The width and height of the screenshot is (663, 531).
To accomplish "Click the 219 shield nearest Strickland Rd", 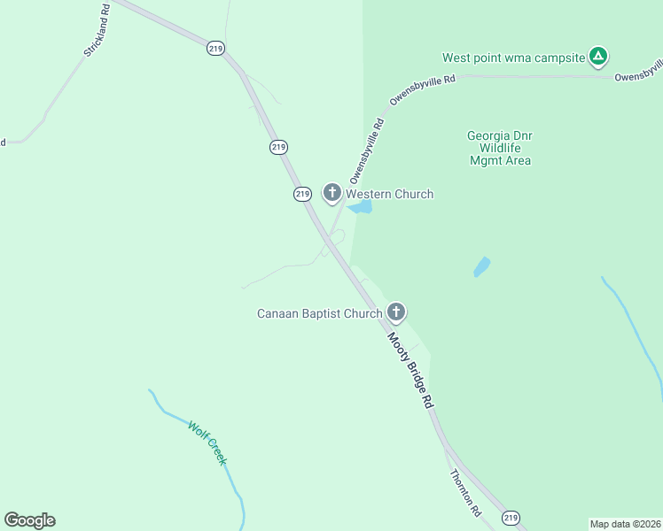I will click(x=215, y=49).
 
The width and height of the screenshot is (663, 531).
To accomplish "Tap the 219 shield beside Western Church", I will click(x=302, y=193).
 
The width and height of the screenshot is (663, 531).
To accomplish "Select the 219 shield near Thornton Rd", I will click(x=510, y=517).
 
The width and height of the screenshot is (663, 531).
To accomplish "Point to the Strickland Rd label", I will click(x=97, y=32).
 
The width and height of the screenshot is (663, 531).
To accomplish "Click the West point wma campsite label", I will click(x=514, y=58).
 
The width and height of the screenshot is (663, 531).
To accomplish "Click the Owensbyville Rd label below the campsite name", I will click(x=424, y=91).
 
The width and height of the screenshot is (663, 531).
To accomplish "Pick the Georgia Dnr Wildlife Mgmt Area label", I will click(x=499, y=148).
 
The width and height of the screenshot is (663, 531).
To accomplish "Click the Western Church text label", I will click(x=389, y=194).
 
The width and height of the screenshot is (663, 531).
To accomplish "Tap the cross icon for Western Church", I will click(x=332, y=192).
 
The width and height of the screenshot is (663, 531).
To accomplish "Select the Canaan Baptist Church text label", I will click(x=319, y=313).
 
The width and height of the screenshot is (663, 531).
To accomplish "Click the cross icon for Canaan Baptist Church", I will click(x=396, y=312).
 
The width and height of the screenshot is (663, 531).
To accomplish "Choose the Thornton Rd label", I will click(x=464, y=493).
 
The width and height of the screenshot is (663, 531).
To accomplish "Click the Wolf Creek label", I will click(x=207, y=442).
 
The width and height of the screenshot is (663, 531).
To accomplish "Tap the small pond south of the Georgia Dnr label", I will click(x=481, y=266).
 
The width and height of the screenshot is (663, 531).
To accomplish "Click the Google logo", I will click(x=29, y=519).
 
